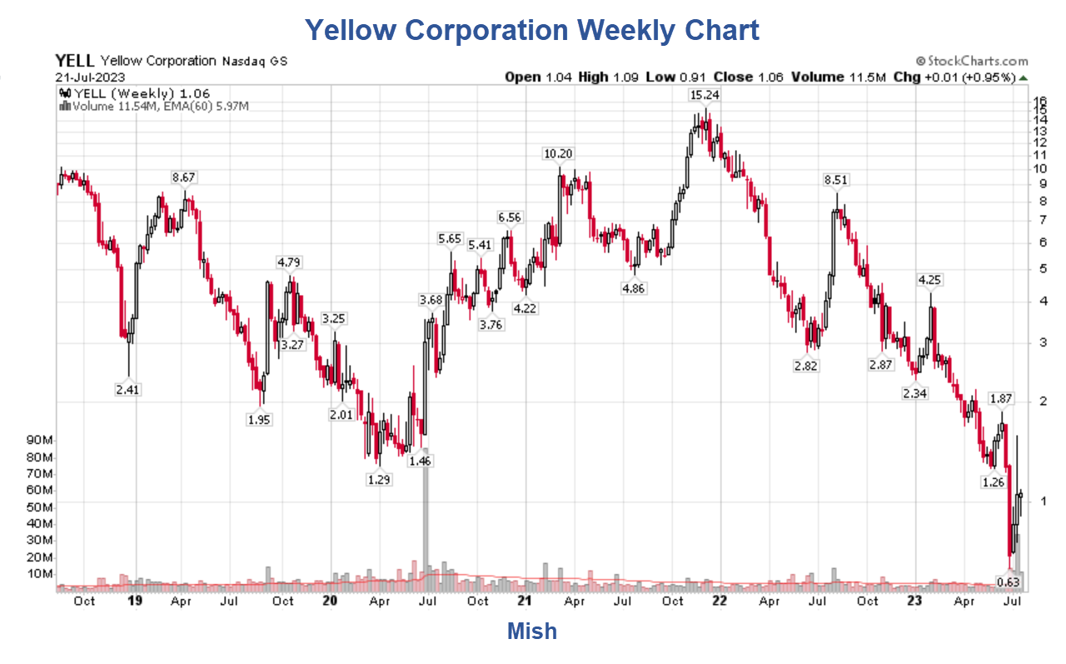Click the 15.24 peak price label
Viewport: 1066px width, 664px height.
point(704,95)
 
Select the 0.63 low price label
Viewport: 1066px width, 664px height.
point(1009,582)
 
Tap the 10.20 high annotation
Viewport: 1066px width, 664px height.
point(558,153)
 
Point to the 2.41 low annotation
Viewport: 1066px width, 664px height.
point(128,389)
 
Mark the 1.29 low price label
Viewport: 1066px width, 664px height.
point(379,479)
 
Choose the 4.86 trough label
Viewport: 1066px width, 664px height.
point(633,288)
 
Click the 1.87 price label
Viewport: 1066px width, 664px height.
point(1000,398)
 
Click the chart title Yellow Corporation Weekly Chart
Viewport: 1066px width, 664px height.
point(532,31)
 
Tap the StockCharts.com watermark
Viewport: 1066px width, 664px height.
point(972,61)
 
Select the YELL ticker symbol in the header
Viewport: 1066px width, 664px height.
point(75,61)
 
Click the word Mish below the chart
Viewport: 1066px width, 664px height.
point(532,632)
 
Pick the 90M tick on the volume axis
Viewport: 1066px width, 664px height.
point(40,440)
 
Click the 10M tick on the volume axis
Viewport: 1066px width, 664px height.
point(40,573)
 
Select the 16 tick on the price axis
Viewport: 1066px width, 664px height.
point(1039,100)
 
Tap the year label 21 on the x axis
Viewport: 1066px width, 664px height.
point(525,601)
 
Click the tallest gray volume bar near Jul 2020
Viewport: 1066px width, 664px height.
point(425,517)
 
